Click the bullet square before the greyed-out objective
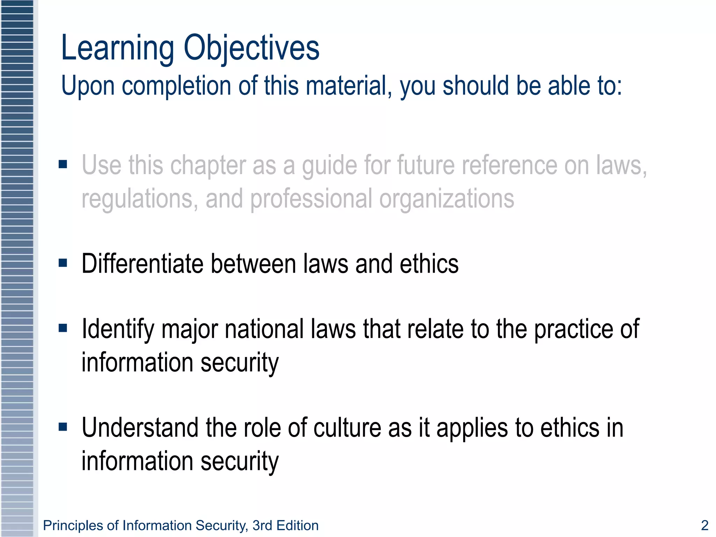(x=63, y=164)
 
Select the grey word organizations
(x=446, y=199)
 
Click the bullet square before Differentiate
(x=63, y=263)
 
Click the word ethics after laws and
(x=429, y=264)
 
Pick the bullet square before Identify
(x=63, y=328)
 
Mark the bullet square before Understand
(x=63, y=427)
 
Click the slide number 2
(x=704, y=525)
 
